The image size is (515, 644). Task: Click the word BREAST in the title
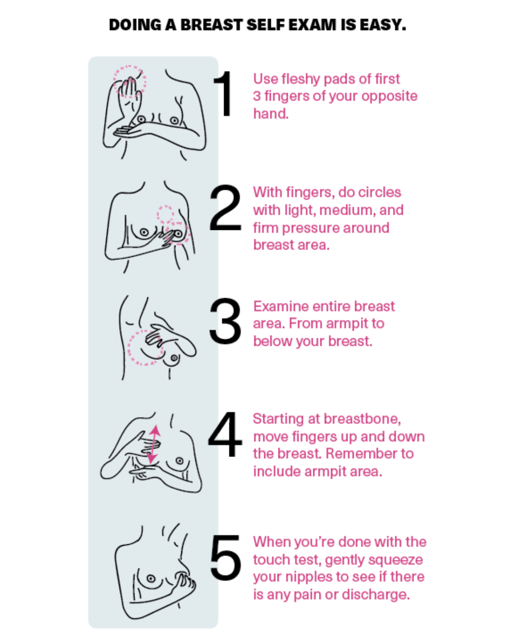pos(211,25)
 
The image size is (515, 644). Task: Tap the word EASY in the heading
pos(383,25)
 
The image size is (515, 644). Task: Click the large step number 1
pos(223,93)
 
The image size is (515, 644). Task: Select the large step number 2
pos(225,208)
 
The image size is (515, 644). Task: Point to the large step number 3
pos(225,321)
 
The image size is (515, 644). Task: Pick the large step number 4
pos(225,435)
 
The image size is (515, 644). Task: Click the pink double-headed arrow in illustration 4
pos(154,445)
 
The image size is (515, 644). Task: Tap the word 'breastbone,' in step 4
pos(362,419)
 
